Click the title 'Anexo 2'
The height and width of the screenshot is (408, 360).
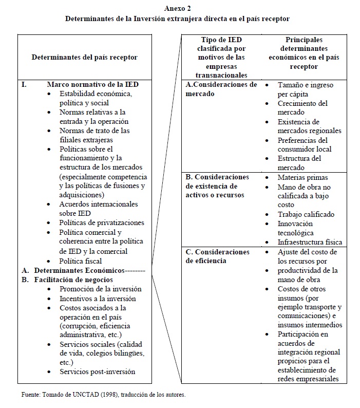click(178, 8)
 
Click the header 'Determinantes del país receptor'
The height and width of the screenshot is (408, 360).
click(85, 58)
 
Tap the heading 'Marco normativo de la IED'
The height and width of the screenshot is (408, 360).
click(92, 84)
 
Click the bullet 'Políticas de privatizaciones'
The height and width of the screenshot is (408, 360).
click(102, 223)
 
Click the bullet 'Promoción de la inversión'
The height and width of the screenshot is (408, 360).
click(100, 289)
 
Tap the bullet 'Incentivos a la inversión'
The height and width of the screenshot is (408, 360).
click(98, 299)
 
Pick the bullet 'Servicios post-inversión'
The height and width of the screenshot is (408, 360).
click(98, 371)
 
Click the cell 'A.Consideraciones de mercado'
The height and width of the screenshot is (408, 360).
click(221, 89)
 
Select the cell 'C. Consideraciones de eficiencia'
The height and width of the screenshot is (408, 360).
click(218, 256)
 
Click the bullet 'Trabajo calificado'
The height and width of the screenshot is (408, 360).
click(306, 214)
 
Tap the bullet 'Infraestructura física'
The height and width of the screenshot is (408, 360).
click(310, 242)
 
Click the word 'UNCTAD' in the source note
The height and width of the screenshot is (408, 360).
click(71, 395)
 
